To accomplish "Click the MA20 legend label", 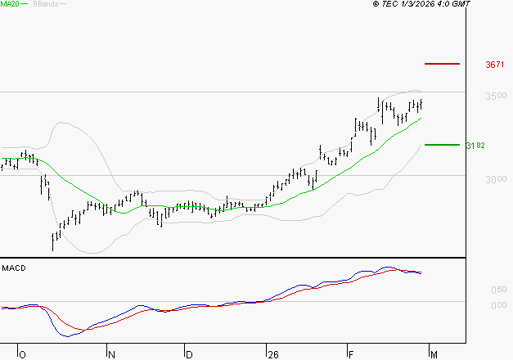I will [x=10, y=4].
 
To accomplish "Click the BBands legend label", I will [x=44, y=4].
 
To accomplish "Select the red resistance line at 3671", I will [x=443, y=63].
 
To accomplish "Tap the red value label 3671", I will [x=496, y=64].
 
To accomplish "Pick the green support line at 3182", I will [x=443, y=145].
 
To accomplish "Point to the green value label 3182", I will [x=475, y=146].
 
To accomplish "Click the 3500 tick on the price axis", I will [x=496, y=97].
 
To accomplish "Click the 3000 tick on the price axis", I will [x=496, y=179].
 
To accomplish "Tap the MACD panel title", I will [x=13, y=268].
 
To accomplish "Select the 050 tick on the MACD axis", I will [x=498, y=290].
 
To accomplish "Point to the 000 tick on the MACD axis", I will [x=498, y=305].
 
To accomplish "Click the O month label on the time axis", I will [x=23, y=354].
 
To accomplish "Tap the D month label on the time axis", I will [x=189, y=354].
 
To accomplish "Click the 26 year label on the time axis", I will [x=272, y=354].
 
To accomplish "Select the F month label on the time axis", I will [x=350, y=354].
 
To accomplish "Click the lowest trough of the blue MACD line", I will [x=67, y=335].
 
